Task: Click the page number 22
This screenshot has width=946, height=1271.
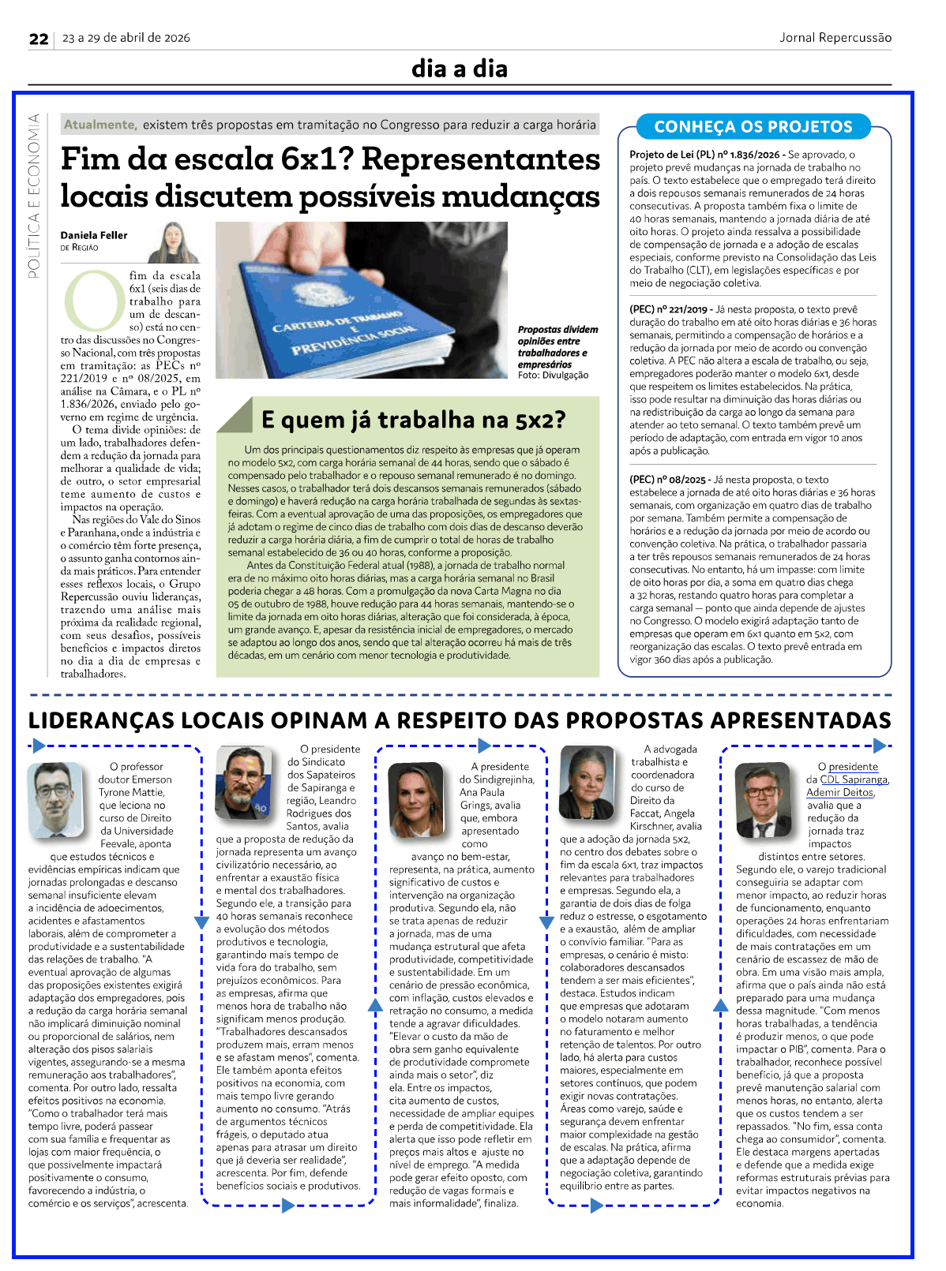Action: [39, 39]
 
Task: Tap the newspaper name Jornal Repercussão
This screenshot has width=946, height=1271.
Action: [835, 37]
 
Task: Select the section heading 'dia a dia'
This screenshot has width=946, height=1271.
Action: [459, 69]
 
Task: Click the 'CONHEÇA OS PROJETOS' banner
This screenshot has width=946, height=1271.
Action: [753, 126]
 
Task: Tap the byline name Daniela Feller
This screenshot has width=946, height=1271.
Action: [94, 235]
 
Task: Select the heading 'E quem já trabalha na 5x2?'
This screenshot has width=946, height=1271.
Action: [413, 420]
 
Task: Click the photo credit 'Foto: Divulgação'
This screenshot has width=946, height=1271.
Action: [553, 376]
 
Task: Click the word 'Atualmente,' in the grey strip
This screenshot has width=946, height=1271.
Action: [100, 125]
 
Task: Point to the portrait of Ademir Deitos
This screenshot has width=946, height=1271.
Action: [762, 799]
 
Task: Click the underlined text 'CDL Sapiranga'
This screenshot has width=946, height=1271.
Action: [854, 779]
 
